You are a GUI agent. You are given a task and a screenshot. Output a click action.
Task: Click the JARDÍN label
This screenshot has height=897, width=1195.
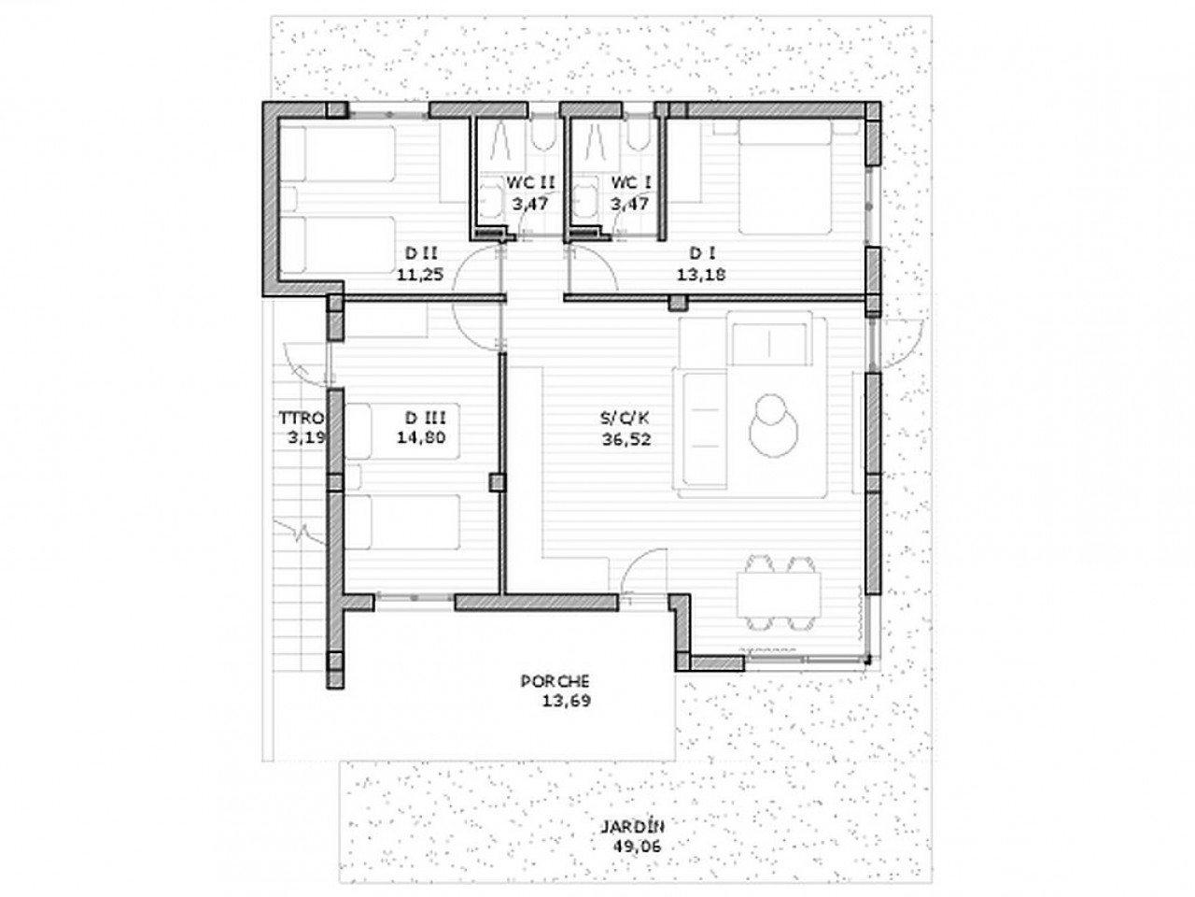tap(632, 827)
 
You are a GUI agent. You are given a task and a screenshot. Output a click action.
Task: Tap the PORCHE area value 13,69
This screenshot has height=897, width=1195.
tap(566, 701)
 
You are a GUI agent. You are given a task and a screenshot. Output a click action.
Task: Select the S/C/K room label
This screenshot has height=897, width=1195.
tap(625, 418)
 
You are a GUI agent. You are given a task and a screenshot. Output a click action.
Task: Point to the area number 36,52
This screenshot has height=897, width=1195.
tap(626, 439)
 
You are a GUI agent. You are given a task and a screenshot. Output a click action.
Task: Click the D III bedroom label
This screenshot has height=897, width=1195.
tap(425, 418)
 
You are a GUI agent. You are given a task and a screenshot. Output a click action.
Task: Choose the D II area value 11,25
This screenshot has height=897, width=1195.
tap(420, 274)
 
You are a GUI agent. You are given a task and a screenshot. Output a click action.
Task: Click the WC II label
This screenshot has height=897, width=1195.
tap(530, 182)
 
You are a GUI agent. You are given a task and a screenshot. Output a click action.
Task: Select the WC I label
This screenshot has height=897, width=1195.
tap(630, 182)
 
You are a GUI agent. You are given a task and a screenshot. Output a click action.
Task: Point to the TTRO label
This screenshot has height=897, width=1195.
tap(302, 418)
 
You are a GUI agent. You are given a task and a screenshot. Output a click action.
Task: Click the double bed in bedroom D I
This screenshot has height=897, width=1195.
tap(785, 177)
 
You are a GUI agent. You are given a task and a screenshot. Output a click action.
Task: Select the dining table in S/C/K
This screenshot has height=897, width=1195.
tap(779, 593)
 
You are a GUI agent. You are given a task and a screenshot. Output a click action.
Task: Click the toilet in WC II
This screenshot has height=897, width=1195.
tap(541, 135)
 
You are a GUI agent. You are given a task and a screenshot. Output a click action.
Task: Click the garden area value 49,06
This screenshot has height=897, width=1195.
tap(637, 847)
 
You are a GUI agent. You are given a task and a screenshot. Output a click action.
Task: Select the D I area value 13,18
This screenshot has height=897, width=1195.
tap(701, 274)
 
